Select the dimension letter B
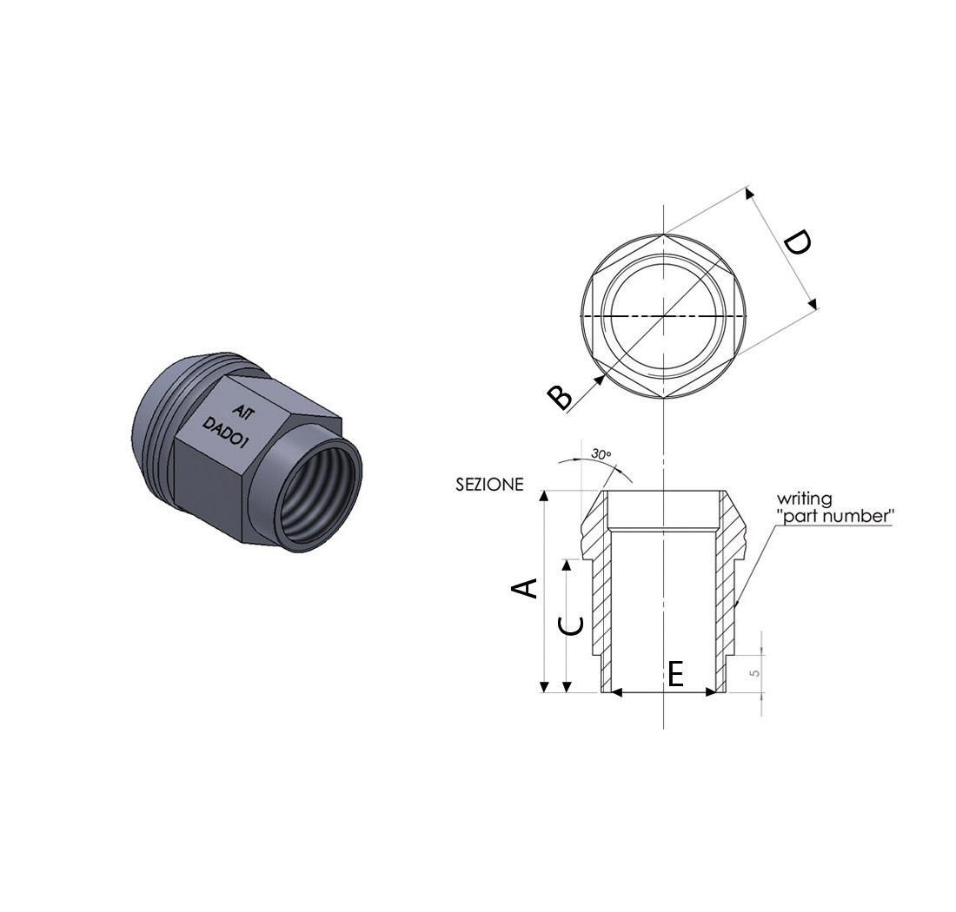pyautogui.click(x=561, y=397)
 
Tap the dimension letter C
pyautogui.click(x=569, y=625)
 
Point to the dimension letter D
pyautogui.click(x=796, y=242)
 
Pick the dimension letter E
pyautogui.click(x=676, y=673)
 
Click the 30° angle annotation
pyautogui.click(x=601, y=454)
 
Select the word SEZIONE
pyautogui.click(x=489, y=485)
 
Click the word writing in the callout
pyautogui.click(x=804, y=499)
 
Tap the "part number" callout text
pyautogui.click(x=835, y=516)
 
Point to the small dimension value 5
pyautogui.click(x=754, y=671)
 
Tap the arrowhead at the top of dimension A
pyautogui.click(x=545, y=496)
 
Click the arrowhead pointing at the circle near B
pyautogui.click(x=599, y=379)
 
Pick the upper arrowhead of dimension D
pyautogui.click(x=750, y=193)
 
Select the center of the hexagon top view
pyautogui.click(x=664, y=316)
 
